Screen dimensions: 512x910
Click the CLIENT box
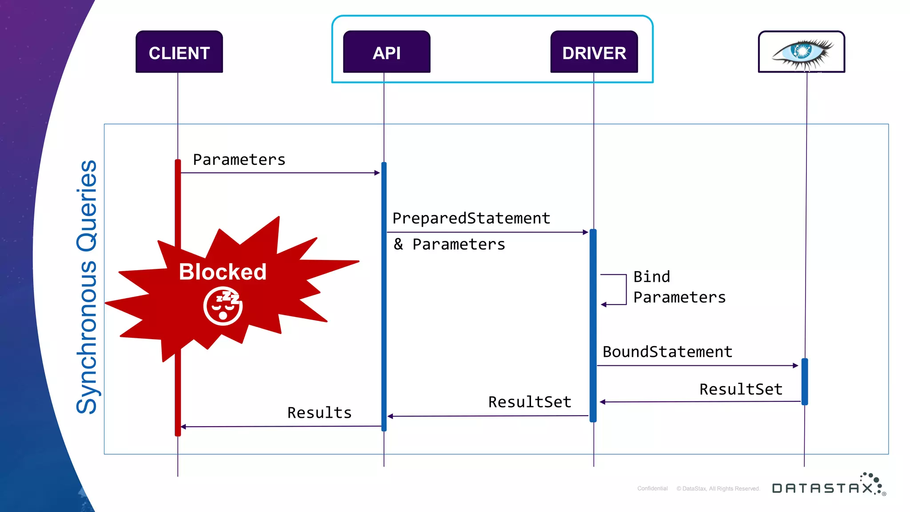tap(179, 52)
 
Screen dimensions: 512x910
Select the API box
tap(387, 52)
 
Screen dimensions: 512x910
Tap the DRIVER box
tap(594, 52)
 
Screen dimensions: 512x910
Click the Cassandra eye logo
tap(802, 52)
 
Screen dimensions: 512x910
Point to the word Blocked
tap(223, 272)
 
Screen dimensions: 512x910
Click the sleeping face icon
tap(223, 306)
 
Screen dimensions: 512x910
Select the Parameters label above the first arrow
tap(239, 160)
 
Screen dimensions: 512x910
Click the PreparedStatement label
tap(471, 218)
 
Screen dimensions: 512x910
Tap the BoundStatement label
tap(667, 352)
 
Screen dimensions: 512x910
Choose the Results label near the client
tap(319, 412)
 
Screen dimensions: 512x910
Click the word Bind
tap(651, 276)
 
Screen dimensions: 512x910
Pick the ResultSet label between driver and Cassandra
tap(741, 389)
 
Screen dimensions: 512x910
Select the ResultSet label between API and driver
tap(530, 402)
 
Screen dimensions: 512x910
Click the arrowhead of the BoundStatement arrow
tap(795, 365)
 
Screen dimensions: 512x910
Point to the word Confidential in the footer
tap(652, 488)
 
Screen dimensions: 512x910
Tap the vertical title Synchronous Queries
tap(87, 287)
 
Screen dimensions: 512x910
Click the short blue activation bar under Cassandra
tap(805, 381)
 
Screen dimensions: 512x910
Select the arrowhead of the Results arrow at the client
tap(183, 427)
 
